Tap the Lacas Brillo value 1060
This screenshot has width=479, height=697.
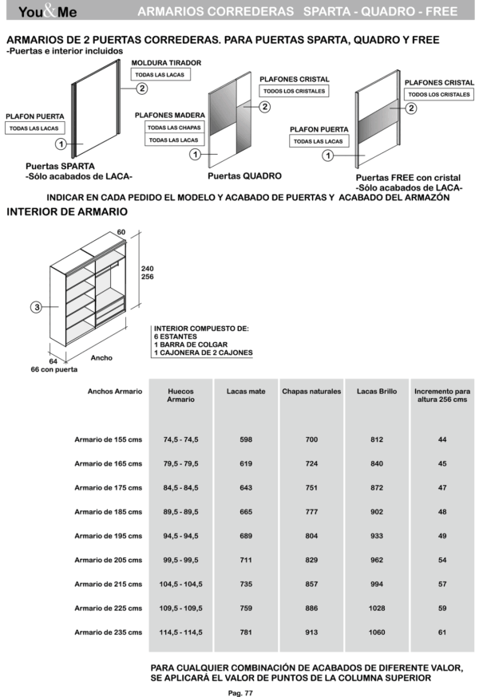point(377,632)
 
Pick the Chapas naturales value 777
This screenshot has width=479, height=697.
point(311,512)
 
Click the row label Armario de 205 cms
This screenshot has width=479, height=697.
point(108,561)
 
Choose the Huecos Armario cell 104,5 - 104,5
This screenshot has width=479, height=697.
point(180,585)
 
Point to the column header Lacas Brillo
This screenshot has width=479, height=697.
point(377,392)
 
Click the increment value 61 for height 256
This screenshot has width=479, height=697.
point(442,632)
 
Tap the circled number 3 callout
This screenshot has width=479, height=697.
point(37,306)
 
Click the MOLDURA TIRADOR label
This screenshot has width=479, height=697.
point(166,62)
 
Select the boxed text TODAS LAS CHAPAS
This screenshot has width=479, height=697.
point(173,127)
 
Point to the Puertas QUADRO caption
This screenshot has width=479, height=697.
point(244,175)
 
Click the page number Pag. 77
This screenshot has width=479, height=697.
point(240,692)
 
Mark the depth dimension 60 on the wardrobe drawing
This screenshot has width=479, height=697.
point(121,232)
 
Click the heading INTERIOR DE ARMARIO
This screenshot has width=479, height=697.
point(66,212)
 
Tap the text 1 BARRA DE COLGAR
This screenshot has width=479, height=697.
point(188,345)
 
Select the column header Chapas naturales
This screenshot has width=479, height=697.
point(311,392)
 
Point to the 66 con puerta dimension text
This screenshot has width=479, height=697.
point(60,369)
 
